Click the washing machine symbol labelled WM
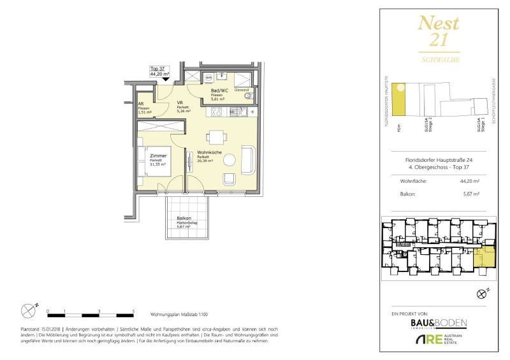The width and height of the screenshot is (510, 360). [208, 78]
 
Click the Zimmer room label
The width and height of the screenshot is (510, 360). [158, 155]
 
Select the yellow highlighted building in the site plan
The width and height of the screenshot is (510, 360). [399, 101]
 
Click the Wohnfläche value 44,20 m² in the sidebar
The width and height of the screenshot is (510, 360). [469, 181]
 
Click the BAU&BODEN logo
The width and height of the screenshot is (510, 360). [438, 324]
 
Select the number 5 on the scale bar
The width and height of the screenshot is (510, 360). [133, 311]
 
